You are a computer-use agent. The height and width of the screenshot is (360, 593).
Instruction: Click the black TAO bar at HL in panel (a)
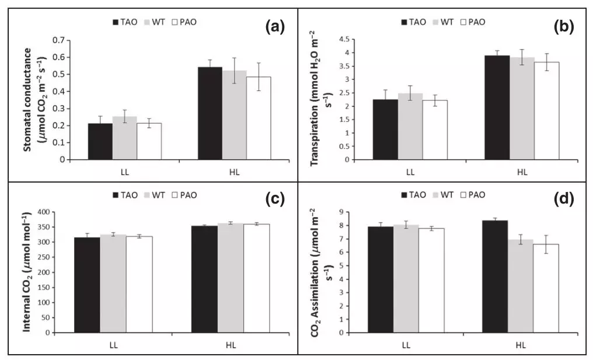coord(211,113)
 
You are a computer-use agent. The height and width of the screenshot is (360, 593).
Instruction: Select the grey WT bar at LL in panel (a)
coord(124,138)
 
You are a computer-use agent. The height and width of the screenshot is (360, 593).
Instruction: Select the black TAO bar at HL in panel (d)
coord(496,277)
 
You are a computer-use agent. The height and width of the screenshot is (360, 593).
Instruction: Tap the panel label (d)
coord(564,200)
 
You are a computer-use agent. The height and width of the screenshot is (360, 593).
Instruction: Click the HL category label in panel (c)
coord(231,345)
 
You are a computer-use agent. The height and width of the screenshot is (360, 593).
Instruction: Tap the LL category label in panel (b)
coord(410,172)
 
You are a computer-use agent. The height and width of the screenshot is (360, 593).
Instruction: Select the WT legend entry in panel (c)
coord(155,194)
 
